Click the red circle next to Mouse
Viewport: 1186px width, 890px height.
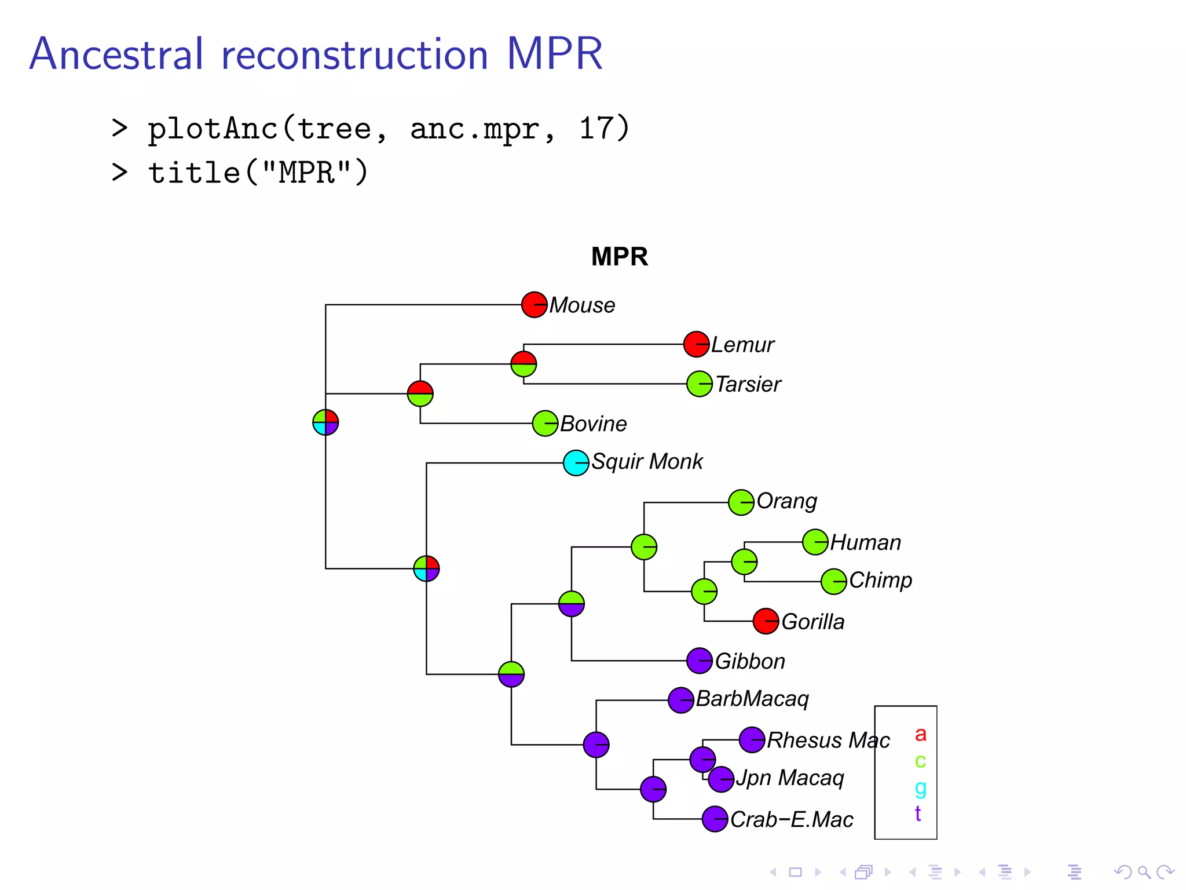534,305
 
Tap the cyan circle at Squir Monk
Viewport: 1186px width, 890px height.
576,463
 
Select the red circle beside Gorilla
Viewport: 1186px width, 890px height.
766,621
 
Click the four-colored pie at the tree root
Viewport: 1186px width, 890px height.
325,422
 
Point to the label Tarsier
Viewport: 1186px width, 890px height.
748,384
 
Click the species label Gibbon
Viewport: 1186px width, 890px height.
750,661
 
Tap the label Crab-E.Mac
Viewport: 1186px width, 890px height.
792,819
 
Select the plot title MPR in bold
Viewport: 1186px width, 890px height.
619,257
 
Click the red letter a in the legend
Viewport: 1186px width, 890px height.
920,734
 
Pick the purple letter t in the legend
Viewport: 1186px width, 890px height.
918,814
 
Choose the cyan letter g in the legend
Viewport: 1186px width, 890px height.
920,787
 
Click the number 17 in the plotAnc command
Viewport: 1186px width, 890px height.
596,128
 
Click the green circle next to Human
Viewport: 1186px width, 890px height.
815,542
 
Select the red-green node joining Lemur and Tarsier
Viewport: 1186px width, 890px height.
524,364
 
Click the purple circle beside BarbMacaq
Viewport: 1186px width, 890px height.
680,701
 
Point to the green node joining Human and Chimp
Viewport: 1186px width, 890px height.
744,561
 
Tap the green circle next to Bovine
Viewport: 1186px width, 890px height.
545,424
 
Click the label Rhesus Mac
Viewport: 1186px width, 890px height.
828,741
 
